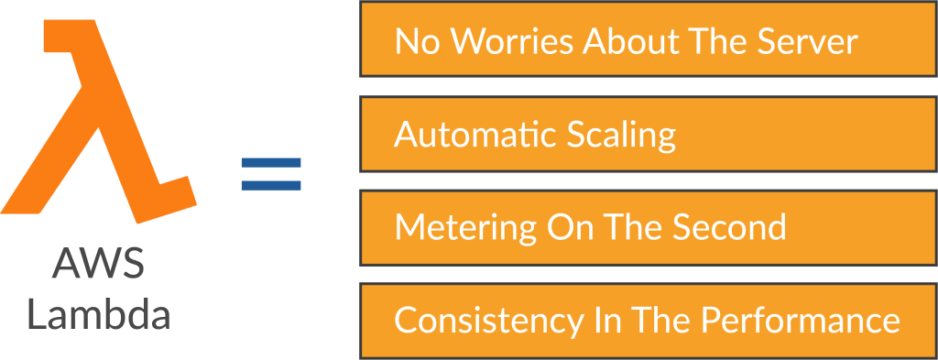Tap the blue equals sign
coord(270,174)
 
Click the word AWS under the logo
coord(98,266)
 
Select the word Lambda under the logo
coord(98,316)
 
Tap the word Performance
coord(800,322)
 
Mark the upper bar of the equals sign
coord(270,163)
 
